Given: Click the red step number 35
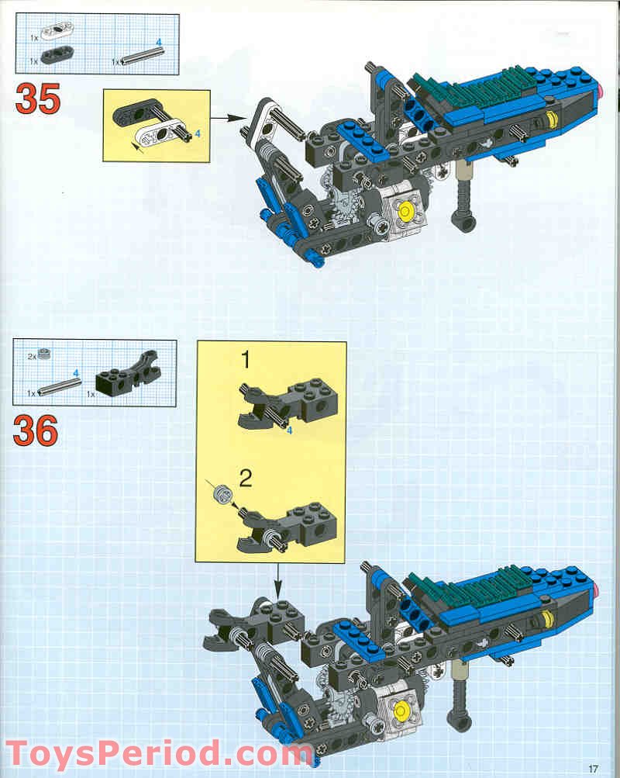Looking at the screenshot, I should point(38,99).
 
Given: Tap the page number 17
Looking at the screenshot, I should point(594,768).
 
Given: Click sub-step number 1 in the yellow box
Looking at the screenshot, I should point(246,361).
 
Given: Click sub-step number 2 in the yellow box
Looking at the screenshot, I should point(246,479).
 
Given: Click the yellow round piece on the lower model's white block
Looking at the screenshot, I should point(401,710).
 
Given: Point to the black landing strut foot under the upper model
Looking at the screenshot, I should point(466,223).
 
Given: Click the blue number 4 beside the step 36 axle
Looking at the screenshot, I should point(77,373).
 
